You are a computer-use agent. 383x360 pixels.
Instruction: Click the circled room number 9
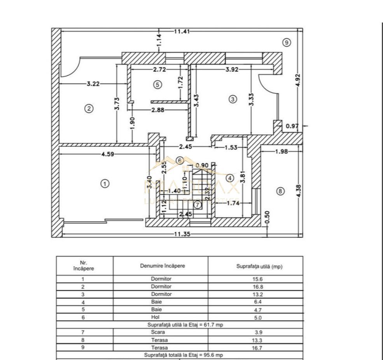click(x=287, y=43)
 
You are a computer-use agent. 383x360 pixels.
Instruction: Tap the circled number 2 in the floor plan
click(x=89, y=109)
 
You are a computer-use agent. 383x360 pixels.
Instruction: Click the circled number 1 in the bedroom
click(x=105, y=184)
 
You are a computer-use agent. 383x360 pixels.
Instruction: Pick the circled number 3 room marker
click(x=233, y=99)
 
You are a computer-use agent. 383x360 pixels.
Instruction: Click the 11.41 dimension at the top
click(x=182, y=31)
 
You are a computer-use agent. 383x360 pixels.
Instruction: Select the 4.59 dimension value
click(x=108, y=154)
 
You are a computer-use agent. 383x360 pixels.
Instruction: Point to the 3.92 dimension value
click(x=233, y=70)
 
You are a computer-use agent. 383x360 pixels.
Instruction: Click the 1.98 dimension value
click(x=281, y=151)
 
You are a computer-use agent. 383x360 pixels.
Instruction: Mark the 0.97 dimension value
click(x=292, y=126)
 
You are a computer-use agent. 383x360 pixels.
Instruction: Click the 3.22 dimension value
click(x=93, y=83)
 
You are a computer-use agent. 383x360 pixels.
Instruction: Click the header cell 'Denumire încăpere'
click(x=160, y=266)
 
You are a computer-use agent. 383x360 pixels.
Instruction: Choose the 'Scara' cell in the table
click(x=160, y=332)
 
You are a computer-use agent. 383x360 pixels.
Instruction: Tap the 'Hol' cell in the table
click(x=160, y=317)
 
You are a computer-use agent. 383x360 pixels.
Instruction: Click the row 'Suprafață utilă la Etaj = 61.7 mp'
click(x=179, y=325)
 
